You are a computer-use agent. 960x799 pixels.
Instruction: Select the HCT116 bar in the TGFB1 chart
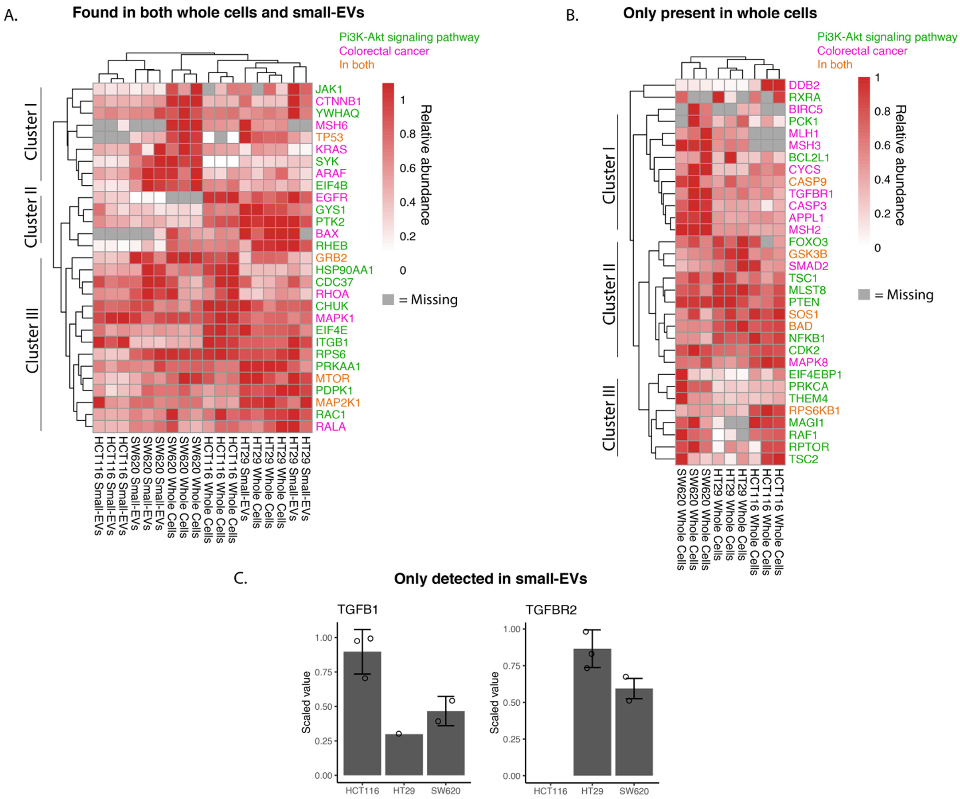click(x=362, y=713)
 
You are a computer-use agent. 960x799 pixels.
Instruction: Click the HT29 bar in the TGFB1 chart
click(x=404, y=754)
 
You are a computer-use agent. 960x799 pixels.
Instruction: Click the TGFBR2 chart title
click(x=551, y=610)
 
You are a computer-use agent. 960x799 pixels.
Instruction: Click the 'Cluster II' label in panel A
click(x=31, y=221)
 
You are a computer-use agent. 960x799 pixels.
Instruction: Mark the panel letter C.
click(x=240, y=579)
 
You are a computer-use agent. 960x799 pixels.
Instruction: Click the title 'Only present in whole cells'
click(x=720, y=13)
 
